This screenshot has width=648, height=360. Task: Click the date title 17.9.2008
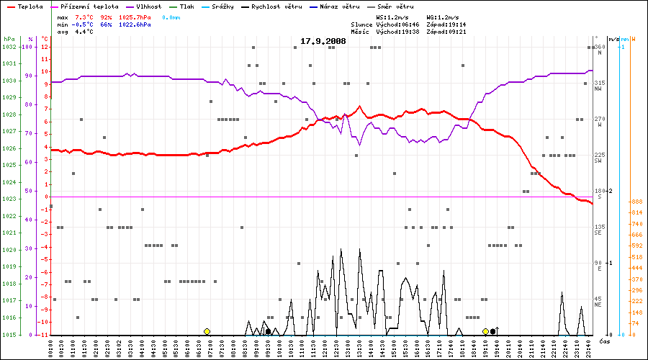click(x=323, y=41)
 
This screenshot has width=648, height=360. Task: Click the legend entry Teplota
click(x=28, y=6)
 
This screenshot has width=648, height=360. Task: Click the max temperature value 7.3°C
click(x=84, y=16)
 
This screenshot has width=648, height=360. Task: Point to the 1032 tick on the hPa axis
click(x=9, y=47)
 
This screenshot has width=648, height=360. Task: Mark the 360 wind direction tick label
click(x=598, y=47)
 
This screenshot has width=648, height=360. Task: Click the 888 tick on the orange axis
click(x=636, y=202)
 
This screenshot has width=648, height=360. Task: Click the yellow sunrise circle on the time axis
click(x=207, y=331)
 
